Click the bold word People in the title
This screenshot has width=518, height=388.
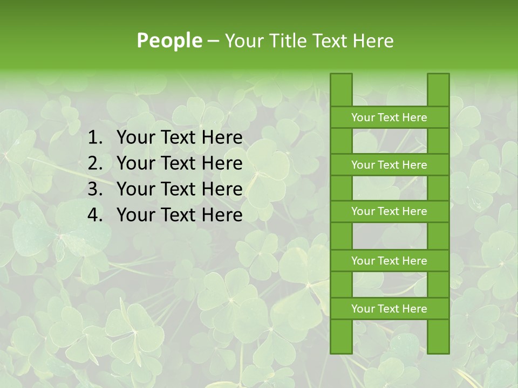click(169, 40)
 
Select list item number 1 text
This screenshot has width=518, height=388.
click(179, 138)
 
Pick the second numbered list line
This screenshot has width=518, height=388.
click(179, 163)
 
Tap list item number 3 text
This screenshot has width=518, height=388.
click(179, 189)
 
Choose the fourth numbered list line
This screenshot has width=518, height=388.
click(179, 215)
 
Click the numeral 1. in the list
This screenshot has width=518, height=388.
click(95, 138)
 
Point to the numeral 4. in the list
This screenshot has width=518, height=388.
click(95, 215)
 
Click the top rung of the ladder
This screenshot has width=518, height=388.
click(389, 117)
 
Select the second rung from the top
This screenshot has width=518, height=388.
click(389, 165)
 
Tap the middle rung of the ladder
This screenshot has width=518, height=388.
click(389, 211)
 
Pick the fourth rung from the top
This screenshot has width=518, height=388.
click(389, 261)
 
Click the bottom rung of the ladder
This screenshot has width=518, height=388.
click(389, 309)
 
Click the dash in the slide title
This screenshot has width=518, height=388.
click(213, 41)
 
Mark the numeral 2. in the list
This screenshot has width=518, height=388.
click(95, 163)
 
